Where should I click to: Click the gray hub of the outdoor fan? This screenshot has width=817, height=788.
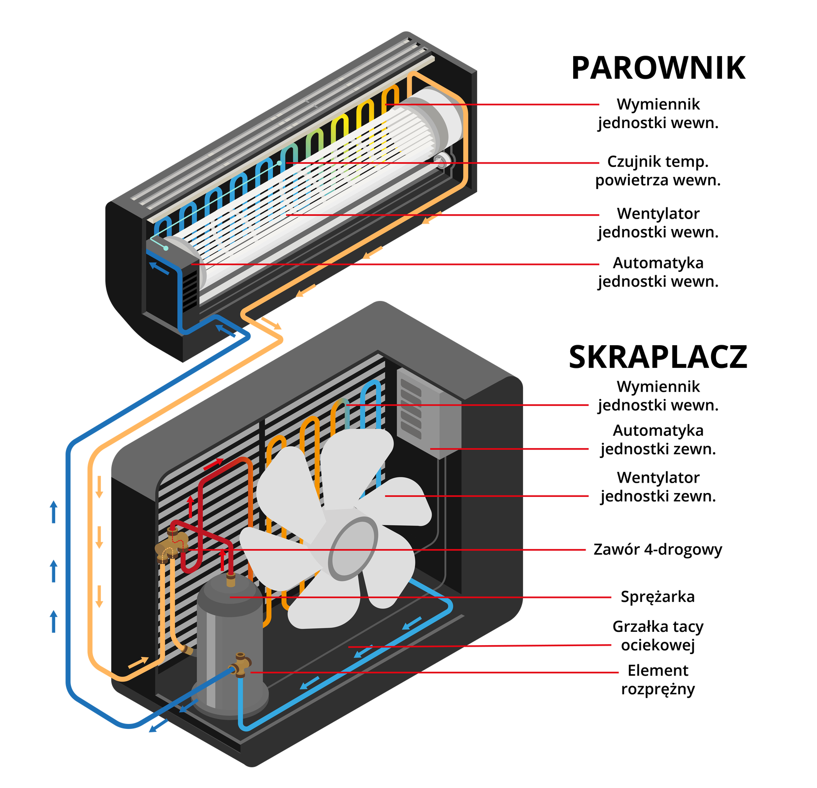tap(354, 549)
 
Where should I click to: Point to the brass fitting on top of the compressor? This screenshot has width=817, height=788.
tap(230, 580)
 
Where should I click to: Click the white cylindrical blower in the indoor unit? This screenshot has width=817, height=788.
tap(315, 197)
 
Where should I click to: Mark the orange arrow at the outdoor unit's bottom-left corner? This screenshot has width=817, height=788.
tap(138, 662)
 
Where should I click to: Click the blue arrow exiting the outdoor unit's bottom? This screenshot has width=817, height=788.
tap(158, 727)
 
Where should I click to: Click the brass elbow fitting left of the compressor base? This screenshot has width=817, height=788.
tap(187, 650)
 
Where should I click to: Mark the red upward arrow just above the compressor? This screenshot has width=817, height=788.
tap(223, 559)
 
